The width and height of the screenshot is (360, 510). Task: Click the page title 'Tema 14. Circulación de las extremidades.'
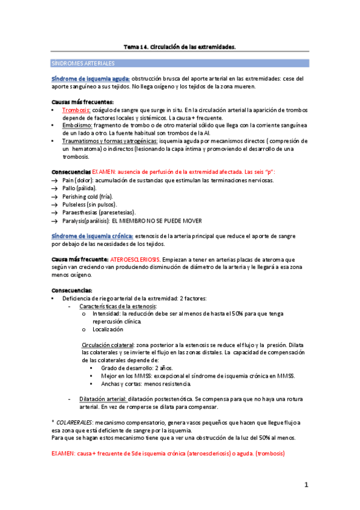(x=180, y=46)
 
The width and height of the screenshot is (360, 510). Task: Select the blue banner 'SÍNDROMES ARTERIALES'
(x=84, y=63)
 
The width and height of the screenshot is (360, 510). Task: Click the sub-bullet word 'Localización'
(x=108, y=330)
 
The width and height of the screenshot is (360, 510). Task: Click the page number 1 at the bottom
(x=306, y=485)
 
